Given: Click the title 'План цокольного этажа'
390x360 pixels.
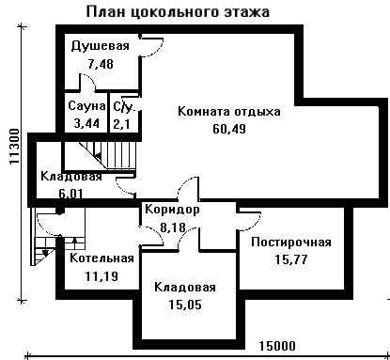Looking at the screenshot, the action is tap(178, 12).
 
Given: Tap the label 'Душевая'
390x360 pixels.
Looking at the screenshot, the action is tap(100, 46).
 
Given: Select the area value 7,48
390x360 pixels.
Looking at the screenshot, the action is tap(101, 64).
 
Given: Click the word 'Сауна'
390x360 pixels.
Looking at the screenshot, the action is tap(86, 105).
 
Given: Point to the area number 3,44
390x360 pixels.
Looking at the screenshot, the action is tap(86, 123).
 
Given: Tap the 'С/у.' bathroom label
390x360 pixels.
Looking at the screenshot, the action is tap(124, 107).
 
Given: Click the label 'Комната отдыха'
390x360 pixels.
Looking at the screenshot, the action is tap(229, 111).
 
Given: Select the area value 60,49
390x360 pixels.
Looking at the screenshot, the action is tap(229, 129).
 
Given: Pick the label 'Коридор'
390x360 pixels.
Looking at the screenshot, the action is tap(172, 210).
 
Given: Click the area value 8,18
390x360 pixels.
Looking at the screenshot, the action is tap(173, 227).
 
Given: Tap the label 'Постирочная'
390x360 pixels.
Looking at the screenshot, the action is tap(291, 243).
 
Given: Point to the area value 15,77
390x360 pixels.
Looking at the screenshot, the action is tap(291, 259).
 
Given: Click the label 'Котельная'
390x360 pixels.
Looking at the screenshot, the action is tap(101, 258).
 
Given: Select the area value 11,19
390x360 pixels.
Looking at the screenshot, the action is tap(101, 276).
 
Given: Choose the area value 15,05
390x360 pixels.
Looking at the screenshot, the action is tap(185, 305).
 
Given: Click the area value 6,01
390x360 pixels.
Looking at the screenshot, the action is tap(71, 194).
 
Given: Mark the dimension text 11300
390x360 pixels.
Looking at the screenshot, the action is tap(14, 147).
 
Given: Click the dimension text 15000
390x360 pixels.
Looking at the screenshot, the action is tap(277, 346).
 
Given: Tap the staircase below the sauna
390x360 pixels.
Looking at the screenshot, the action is tap(107, 155).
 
